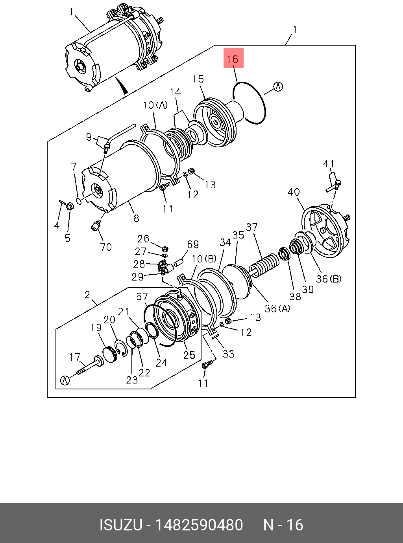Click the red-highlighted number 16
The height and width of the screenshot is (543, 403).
click(233, 59)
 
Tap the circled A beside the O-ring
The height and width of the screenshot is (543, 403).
click(278, 86)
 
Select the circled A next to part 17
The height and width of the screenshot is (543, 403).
click(65, 380)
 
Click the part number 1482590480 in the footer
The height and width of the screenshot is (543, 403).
click(199, 525)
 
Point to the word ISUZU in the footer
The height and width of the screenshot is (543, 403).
click(120, 525)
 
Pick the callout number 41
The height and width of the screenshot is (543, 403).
click(329, 163)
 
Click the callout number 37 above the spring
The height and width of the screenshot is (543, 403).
click(252, 227)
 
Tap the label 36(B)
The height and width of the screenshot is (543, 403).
click(329, 279)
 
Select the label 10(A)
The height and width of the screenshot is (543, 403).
click(155, 105)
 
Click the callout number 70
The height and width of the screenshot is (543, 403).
click(106, 247)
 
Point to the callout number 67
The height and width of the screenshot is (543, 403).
click(142, 296)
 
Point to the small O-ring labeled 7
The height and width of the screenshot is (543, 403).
click(79, 201)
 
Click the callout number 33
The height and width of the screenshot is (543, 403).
click(228, 354)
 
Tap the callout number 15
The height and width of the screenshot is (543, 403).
click(198, 79)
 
